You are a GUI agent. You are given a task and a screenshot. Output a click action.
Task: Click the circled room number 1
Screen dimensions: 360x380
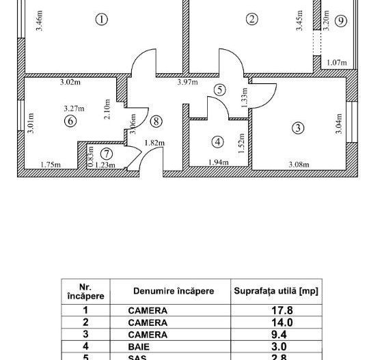101,20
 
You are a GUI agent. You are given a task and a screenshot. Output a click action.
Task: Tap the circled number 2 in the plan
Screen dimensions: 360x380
252,19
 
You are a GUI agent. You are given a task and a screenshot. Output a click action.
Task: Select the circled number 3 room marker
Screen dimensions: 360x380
298,128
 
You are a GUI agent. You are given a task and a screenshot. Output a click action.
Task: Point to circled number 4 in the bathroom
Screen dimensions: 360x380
218,142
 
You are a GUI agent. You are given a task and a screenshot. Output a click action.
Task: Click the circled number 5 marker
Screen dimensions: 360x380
219,89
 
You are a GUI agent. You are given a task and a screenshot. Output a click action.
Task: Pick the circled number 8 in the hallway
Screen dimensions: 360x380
157,122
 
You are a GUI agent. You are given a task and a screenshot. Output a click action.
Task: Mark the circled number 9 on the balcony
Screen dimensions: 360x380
340,21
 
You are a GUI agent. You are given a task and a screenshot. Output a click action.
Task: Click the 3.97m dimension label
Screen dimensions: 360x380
187,83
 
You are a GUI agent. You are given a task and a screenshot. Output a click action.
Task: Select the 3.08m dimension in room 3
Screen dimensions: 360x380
299,165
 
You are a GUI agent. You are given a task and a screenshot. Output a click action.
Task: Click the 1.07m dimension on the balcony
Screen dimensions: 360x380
337,63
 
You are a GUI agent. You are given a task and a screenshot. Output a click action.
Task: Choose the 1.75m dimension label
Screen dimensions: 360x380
51,165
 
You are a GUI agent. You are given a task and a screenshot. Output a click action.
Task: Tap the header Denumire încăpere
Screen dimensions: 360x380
173,291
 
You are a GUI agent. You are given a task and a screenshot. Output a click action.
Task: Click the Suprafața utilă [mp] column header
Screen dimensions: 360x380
276,291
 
